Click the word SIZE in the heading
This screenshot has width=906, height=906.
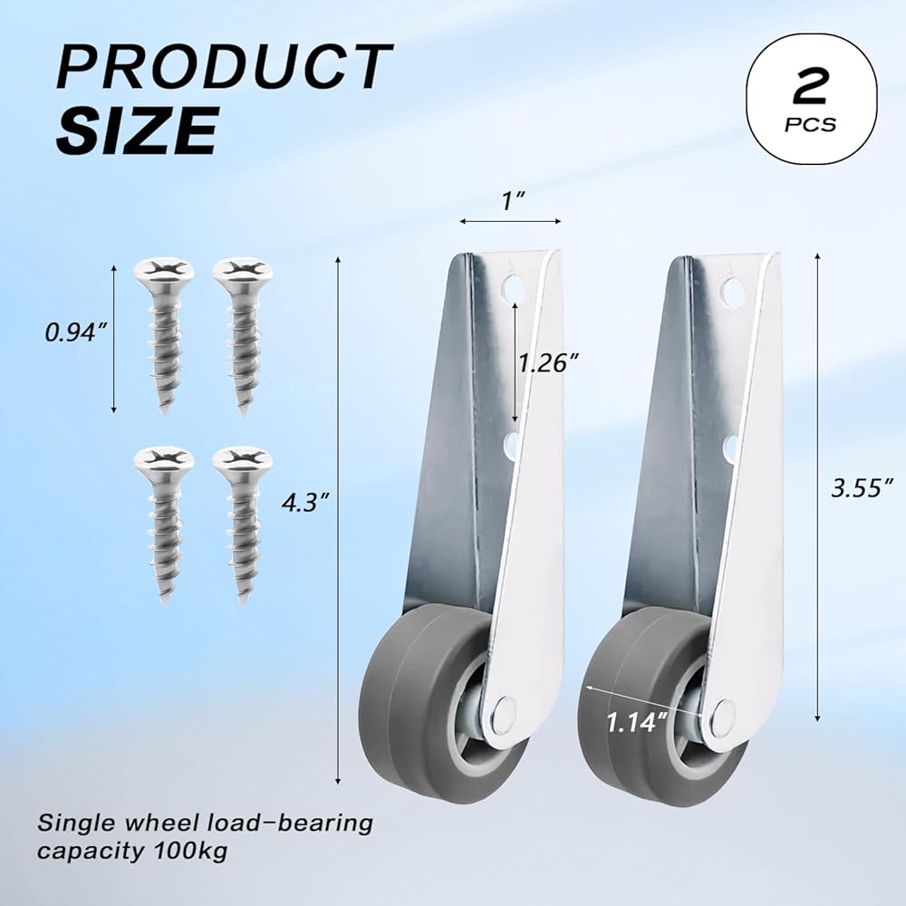click(x=137, y=130)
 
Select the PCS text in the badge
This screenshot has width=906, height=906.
click(x=810, y=125)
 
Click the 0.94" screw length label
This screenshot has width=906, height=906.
click(x=76, y=333)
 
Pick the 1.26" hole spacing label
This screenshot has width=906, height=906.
click(x=546, y=363)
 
